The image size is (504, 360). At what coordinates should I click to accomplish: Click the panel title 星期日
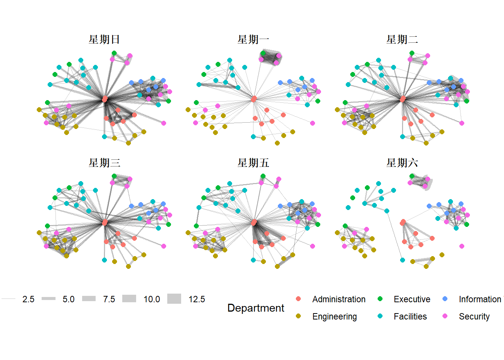coord(104,39)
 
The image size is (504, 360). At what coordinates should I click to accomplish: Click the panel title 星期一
coord(253,39)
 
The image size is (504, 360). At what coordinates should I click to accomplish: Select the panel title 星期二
coord(402,39)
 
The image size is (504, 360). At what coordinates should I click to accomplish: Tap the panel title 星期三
coord(104,163)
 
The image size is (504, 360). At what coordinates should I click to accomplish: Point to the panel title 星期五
coord(253,163)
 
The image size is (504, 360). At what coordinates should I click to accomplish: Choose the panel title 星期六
coord(402,163)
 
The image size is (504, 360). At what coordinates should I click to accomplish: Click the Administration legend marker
coord(298,299)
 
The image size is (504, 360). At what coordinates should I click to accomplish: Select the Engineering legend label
coord(334,316)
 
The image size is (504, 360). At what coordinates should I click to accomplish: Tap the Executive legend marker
coord(380,299)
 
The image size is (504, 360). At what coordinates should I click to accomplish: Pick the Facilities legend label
coord(410,316)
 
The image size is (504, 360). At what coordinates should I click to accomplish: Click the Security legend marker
coord(445,316)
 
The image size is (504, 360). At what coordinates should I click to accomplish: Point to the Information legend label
coord(480,299)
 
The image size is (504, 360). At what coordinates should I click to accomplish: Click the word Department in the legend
coord(256,308)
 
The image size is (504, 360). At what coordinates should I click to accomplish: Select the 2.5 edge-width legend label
coord(28,299)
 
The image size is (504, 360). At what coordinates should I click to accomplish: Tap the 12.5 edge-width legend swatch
coord(174,299)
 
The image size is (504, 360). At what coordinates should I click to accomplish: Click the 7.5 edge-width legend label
coord(109,299)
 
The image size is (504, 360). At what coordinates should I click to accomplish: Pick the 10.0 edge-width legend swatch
coord(129,299)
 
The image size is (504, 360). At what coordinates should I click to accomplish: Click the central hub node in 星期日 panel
coord(105,99)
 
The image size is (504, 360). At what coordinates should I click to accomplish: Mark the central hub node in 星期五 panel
coord(254,222)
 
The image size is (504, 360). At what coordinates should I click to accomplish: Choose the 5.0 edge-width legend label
coord(69,299)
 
